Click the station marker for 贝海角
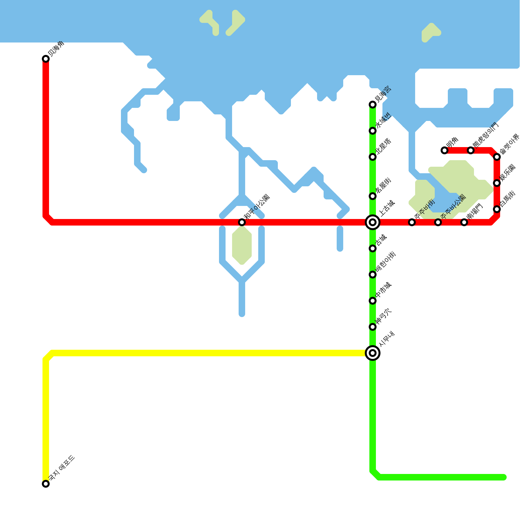tap(46, 59)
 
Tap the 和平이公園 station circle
tap(242, 222)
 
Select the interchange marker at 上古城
tap(373, 222)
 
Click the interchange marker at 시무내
tap(373, 353)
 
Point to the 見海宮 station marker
tap(373, 105)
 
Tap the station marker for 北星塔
tap(373, 157)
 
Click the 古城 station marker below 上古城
tap(373, 248)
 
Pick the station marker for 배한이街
tap(373, 275)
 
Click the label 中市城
tap(383, 290)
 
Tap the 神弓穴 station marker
tap(373, 327)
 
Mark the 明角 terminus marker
tap(445, 150)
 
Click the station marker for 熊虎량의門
tap(471, 150)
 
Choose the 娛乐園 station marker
tap(497, 183)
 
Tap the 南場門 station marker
tap(464, 222)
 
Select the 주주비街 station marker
tap(412, 222)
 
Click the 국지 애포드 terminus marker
tap(46, 484)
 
